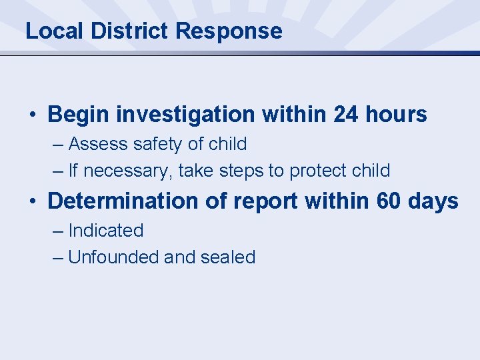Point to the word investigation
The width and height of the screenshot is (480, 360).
click(186, 115)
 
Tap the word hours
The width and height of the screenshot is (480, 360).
click(396, 115)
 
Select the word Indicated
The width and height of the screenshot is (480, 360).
click(106, 231)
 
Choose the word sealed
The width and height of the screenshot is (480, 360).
click(226, 257)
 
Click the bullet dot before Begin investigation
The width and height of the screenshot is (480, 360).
click(33, 115)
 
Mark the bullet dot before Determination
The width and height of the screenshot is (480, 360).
click(33, 201)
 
